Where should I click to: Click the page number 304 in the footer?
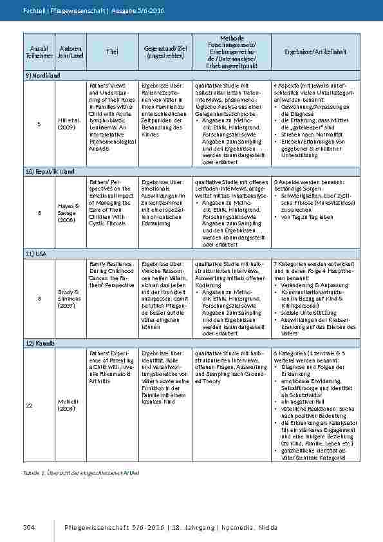click(x=28, y=528)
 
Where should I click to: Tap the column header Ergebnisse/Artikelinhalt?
click(x=316, y=52)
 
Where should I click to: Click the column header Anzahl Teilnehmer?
click(x=39, y=52)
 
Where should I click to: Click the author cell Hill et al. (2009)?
click(x=70, y=124)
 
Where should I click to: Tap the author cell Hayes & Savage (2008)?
click(x=70, y=213)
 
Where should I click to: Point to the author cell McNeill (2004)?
click(x=70, y=406)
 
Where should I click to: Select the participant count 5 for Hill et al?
click(x=39, y=124)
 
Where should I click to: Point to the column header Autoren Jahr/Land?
click(x=70, y=52)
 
